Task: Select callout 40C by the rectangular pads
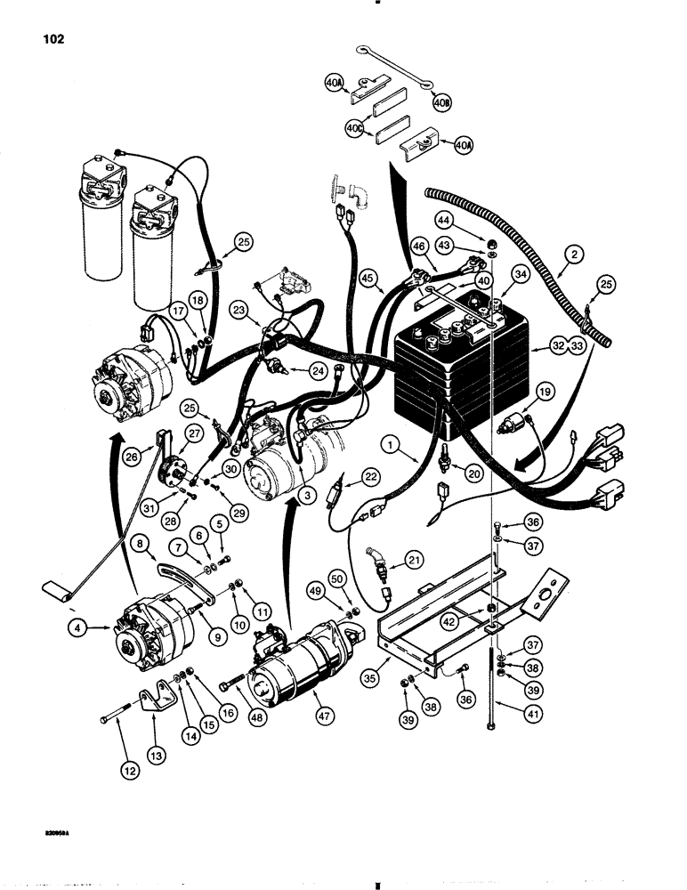356,128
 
